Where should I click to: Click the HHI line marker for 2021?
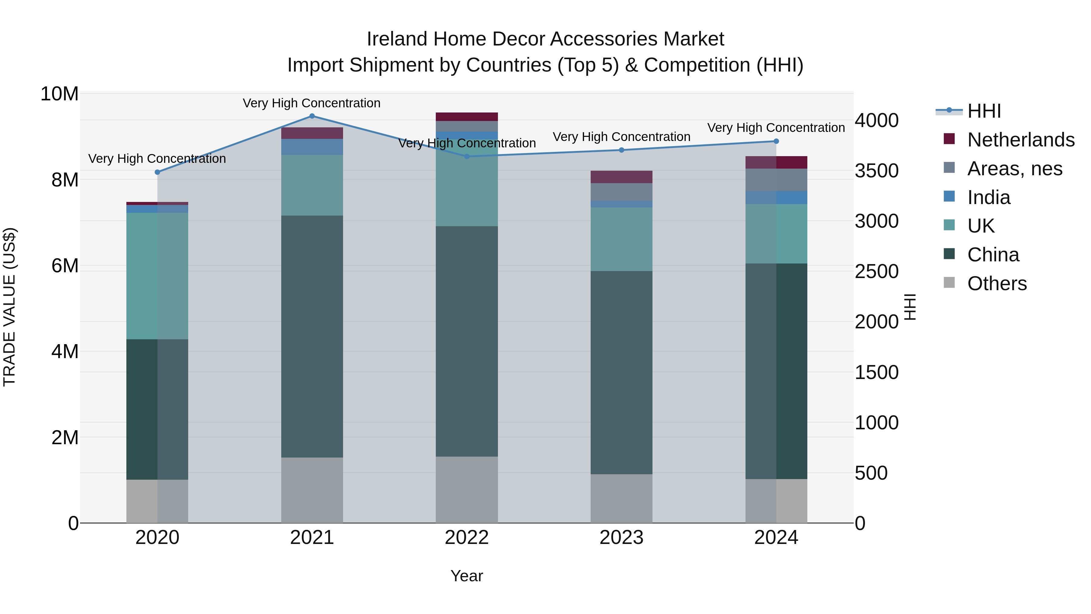tap(312, 116)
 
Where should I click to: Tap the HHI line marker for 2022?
tap(467, 156)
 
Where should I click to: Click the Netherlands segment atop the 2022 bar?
tap(467, 117)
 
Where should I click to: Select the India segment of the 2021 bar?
tap(312, 147)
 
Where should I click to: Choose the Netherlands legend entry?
tap(1021, 140)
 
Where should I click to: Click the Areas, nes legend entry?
tap(1014, 169)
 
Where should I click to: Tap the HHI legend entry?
tap(983, 111)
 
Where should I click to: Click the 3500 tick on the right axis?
tap(876, 171)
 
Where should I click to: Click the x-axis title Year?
tap(467, 576)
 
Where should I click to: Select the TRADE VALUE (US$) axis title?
tap(9, 307)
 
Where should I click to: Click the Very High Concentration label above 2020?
tap(157, 159)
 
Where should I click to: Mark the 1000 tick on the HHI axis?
tap(876, 422)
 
